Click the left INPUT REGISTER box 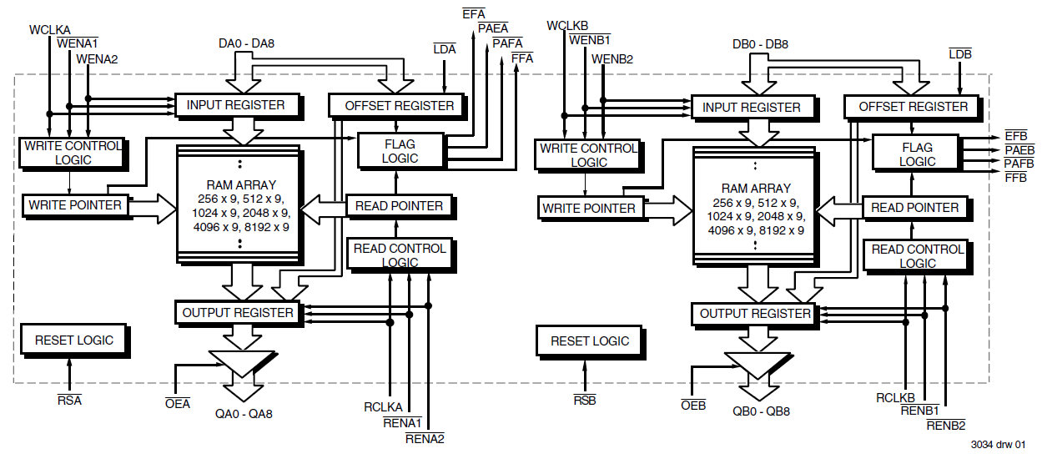pyautogui.click(x=236, y=105)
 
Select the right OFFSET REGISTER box pyautogui.click(x=913, y=107)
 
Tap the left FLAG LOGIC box pyautogui.click(x=400, y=151)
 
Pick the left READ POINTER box pyautogui.click(x=400, y=205)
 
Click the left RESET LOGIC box pyautogui.click(x=73, y=340)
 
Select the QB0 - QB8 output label pyautogui.click(x=761, y=411)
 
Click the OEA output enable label pyautogui.click(x=178, y=404)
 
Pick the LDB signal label pyautogui.click(x=960, y=54)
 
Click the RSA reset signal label pyautogui.click(x=69, y=400)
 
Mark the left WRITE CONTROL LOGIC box pyautogui.click(x=73, y=152)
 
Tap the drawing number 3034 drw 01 pyautogui.click(x=998, y=445)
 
